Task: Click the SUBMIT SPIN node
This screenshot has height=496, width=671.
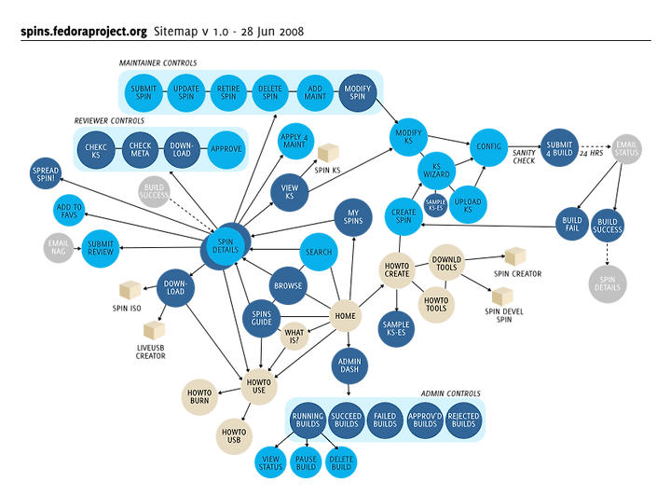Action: [x=145, y=93]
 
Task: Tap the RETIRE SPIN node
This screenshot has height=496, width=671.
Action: [x=229, y=93]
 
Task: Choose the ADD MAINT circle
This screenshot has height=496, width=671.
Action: [x=314, y=93]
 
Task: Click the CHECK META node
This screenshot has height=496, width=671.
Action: [x=140, y=148]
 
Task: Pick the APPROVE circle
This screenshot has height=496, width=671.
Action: [x=226, y=148]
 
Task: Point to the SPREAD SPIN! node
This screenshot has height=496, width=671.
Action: [x=46, y=173]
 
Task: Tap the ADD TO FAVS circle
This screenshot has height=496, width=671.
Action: [x=70, y=212]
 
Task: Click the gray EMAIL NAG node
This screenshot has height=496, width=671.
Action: [x=57, y=248]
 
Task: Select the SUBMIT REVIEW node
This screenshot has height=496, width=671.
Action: [x=101, y=248]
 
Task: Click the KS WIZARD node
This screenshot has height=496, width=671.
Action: [x=435, y=169]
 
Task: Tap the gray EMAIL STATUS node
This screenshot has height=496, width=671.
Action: [x=627, y=148]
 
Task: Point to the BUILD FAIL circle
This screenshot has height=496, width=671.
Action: [x=572, y=224]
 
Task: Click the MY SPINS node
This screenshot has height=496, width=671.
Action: [x=347, y=217]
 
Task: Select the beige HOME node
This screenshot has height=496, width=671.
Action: [x=346, y=316]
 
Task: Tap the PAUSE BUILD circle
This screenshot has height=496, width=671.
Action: [x=306, y=462]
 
